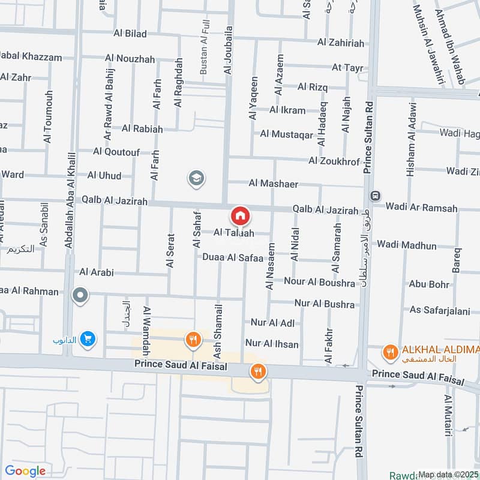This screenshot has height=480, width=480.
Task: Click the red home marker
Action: tap(240, 215)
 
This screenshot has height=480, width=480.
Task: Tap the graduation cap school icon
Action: tap(196, 178)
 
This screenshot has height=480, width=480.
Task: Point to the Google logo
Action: tap(25, 471)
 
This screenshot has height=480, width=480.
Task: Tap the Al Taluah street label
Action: tap(234, 233)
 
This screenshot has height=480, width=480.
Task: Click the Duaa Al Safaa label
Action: tap(233, 258)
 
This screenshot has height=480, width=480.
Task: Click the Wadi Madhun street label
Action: tap(407, 245)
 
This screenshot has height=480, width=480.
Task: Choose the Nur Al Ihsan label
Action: tap(272, 344)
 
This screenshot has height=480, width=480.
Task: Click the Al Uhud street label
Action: tap(104, 175)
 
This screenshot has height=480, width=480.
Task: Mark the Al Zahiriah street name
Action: tap(341, 42)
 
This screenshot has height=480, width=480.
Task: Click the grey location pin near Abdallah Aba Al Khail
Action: tap(79, 295)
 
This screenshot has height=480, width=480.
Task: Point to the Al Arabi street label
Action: tap(96, 272)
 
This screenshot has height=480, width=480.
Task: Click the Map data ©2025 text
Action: tap(448, 474)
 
